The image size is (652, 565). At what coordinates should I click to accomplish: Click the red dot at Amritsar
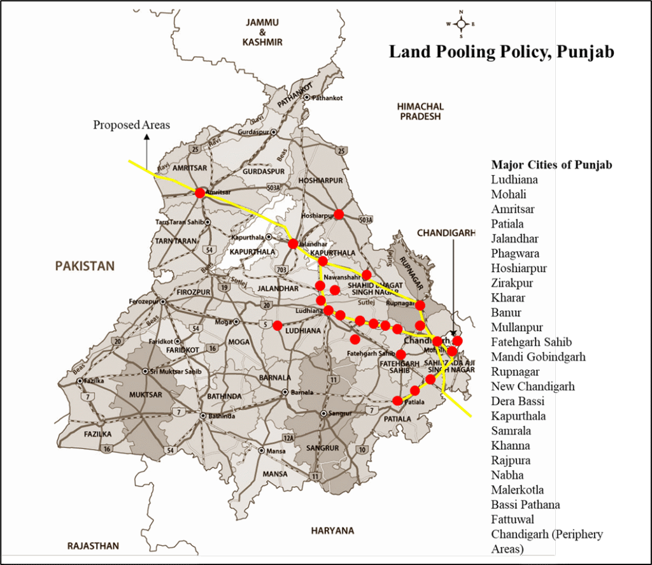[x=200, y=192]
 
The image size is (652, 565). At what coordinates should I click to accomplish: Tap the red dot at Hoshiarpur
[x=339, y=214]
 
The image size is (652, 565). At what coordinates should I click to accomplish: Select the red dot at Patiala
[x=398, y=401]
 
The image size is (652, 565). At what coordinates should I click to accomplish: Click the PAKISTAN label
[x=85, y=266]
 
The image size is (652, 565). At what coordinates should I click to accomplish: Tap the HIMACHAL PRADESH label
[x=420, y=111]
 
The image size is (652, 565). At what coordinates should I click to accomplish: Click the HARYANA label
[x=332, y=530]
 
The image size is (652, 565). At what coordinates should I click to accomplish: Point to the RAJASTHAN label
[x=93, y=546]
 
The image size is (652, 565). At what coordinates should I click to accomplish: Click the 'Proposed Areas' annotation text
[x=132, y=125]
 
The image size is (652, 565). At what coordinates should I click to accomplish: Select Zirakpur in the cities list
[x=512, y=283]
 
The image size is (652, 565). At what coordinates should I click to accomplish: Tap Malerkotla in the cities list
[x=517, y=490]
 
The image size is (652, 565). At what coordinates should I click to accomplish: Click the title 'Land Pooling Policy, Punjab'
[x=501, y=52]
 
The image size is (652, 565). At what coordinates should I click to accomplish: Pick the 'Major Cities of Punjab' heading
[x=551, y=165]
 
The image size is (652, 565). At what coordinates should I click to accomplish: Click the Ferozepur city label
[x=144, y=301]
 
